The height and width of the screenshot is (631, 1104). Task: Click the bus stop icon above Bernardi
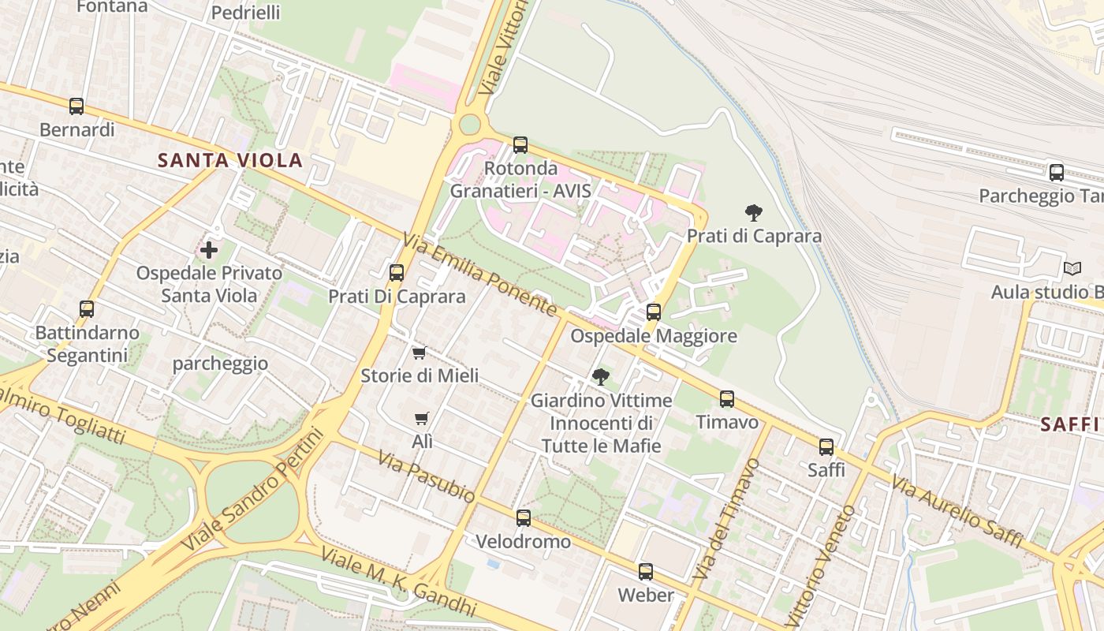pyautogui.click(x=76, y=106)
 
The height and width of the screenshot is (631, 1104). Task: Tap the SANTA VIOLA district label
pyautogui.click(x=230, y=161)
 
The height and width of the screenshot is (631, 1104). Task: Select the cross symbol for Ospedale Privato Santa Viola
pyautogui.click(x=209, y=250)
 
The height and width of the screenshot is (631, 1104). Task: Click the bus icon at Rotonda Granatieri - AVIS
pyautogui.click(x=520, y=144)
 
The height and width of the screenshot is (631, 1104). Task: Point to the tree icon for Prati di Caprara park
pyautogui.click(x=754, y=212)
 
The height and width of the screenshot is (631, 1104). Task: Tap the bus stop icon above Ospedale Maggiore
pyautogui.click(x=654, y=312)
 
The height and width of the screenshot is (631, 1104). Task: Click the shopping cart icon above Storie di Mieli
pyautogui.click(x=420, y=353)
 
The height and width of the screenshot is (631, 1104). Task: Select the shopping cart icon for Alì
pyautogui.click(x=423, y=418)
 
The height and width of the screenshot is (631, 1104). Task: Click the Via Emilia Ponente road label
pyautogui.click(x=480, y=274)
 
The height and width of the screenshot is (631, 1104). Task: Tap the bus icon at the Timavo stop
pyautogui.click(x=727, y=399)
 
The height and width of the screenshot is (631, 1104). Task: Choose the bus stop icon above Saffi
pyautogui.click(x=826, y=447)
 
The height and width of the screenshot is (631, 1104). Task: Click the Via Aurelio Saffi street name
pyautogui.click(x=957, y=512)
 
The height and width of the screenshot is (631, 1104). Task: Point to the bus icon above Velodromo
pyautogui.click(x=524, y=518)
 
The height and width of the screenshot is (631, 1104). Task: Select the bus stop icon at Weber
pyautogui.click(x=646, y=572)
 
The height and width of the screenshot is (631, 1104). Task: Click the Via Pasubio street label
pyautogui.click(x=426, y=476)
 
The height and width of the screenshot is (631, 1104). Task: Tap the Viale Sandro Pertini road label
pyautogui.click(x=253, y=489)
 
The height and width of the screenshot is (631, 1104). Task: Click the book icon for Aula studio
pyautogui.click(x=1072, y=268)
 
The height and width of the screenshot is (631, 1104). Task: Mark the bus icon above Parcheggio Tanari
pyautogui.click(x=1057, y=172)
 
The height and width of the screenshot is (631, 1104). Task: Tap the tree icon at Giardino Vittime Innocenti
pyautogui.click(x=601, y=376)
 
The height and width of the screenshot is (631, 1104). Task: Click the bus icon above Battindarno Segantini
pyautogui.click(x=87, y=309)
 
